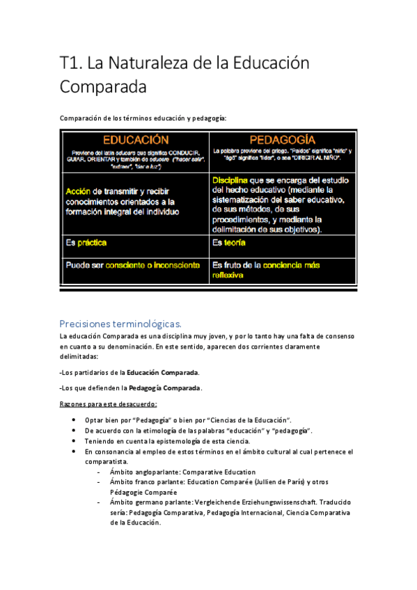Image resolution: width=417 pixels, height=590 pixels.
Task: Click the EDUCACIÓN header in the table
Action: pyautogui.click(x=137, y=139)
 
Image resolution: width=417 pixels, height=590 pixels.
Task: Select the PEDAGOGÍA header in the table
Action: pyautogui.click(x=282, y=139)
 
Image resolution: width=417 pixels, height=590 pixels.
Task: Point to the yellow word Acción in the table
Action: pyautogui.click(x=79, y=191)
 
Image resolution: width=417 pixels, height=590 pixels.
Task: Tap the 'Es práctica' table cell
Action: pyautogui.click(x=86, y=244)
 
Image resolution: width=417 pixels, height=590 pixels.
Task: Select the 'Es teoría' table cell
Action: pyautogui.click(x=229, y=244)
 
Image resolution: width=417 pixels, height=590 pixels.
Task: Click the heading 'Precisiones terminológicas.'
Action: pyautogui.click(x=120, y=324)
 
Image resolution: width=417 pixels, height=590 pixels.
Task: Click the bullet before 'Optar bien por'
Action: pyautogui.click(x=74, y=421)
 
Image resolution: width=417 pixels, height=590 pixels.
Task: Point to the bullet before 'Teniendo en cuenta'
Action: pyautogui.click(x=74, y=441)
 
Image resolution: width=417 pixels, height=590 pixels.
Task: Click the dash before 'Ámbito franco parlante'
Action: pyautogui.click(x=101, y=481)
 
